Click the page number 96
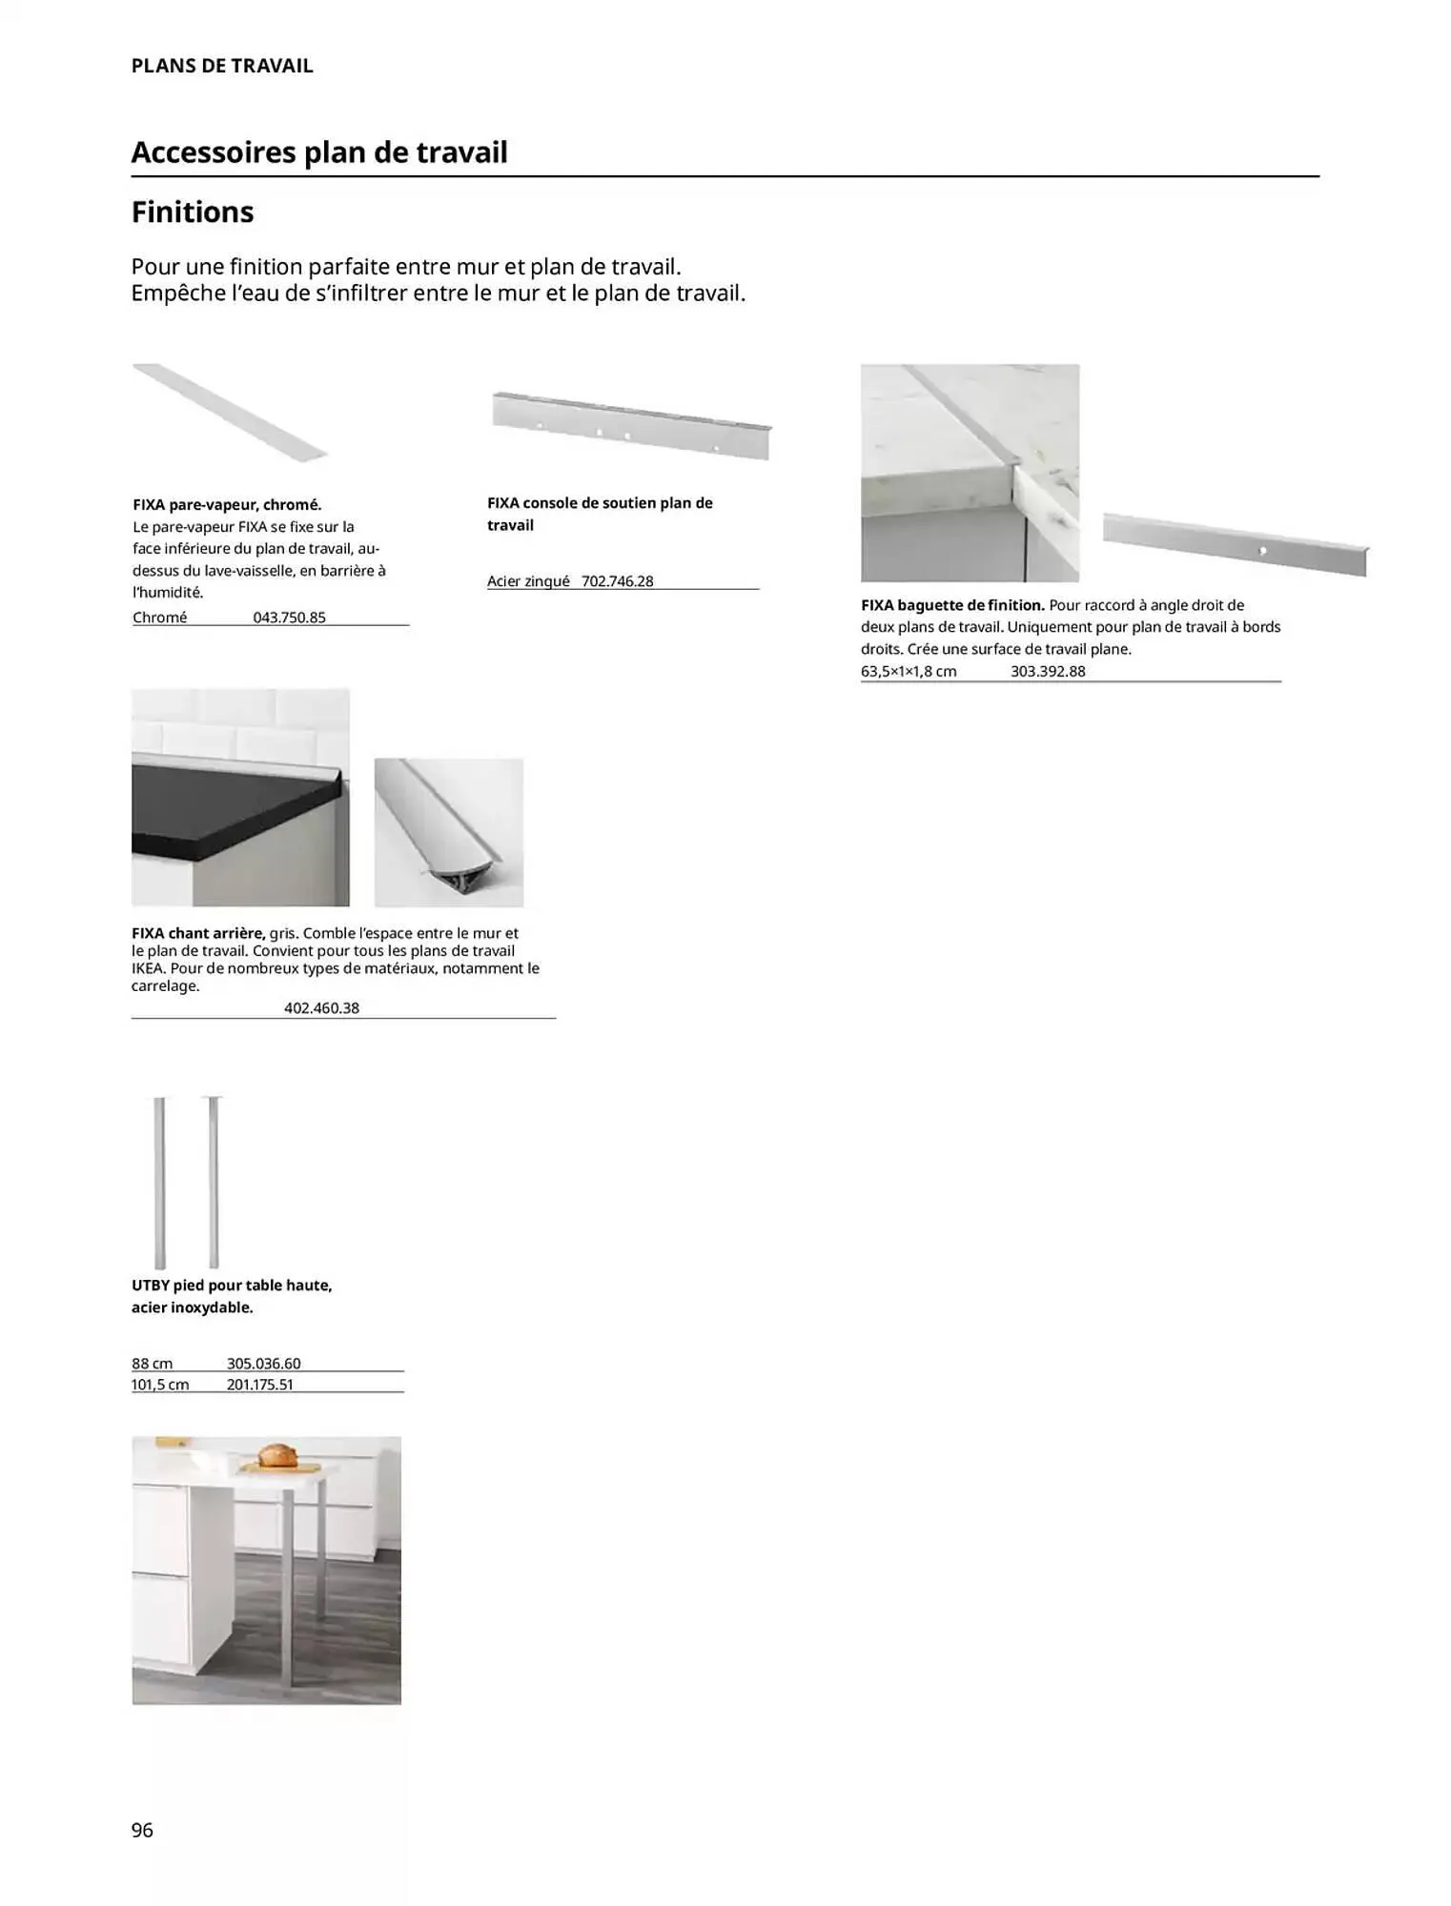pyautogui.click(x=142, y=1829)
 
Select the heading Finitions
pyautogui.click(x=193, y=212)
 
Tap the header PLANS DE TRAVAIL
pyautogui.click(x=222, y=66)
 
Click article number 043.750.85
pyautogui.click(x=289, y=618)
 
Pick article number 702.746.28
pyautogui.click(x=617, y=581)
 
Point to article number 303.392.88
pyautogui.click(x=1048, y=671)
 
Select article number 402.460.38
pyautogui.click(x=321, y=1008)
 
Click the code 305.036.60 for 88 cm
pyautogui.click(x=263, y=1364)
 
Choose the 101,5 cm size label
pyautogui.click(x=160, y=1385)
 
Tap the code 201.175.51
pyautogui.click(x=259, y=1385)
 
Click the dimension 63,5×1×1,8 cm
pyautogui.click(x=908, y=671)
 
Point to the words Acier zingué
pyautogui.click(x=527, y=581)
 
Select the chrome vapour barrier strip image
pyautogui.click(x=230, y=413)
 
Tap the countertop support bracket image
pyautogui.click(x=630, y=425)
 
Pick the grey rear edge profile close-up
pyautogui.click(x=448, y=832)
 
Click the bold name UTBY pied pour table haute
pyautogui.click(x=232, y=1286)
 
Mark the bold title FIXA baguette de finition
pyautogui.click(x=952, y=605)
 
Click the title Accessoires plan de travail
pyautogui.click(x=319, y=152)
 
